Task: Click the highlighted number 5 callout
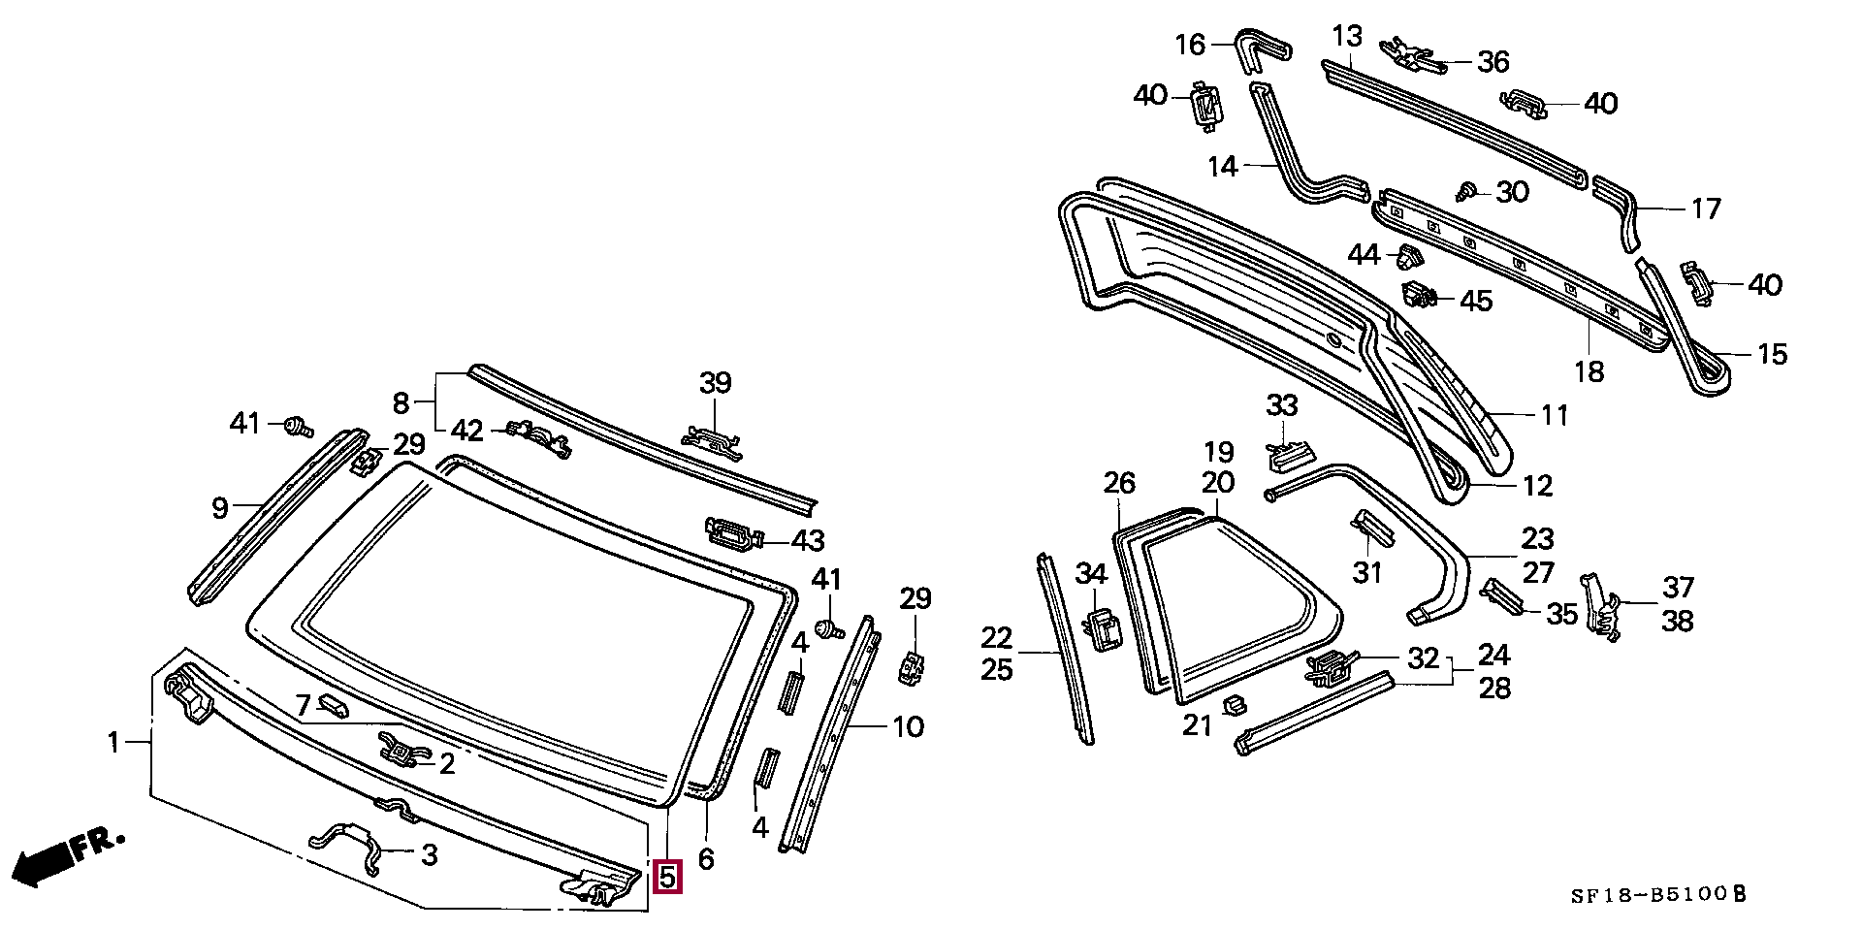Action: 668,877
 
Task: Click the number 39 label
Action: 716,383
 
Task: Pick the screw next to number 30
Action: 1466,190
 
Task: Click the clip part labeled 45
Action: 1421,294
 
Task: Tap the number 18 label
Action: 1589,371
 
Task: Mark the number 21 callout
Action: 1198,723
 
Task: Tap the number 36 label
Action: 1493,62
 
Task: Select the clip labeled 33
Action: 1290,454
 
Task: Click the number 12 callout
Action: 1537,485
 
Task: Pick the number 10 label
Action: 908,726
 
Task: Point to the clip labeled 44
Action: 1408,258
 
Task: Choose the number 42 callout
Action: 466,431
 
